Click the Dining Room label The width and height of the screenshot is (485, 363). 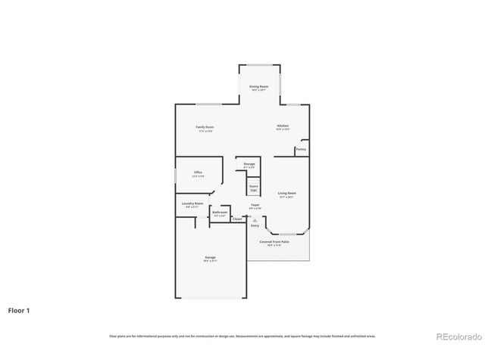point(259,87)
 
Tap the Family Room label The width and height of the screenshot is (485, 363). point(205,126)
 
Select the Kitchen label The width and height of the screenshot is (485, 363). point(283,126)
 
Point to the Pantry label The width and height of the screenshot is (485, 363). point(301,149)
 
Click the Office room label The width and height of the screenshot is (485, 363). point(198,172)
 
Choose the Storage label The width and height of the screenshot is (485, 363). point(249,163)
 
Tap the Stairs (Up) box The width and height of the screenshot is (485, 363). point(254,189)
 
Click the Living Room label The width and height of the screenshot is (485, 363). point(286,194)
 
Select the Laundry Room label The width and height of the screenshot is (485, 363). point(192,203)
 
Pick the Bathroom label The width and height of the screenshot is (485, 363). point(220,213)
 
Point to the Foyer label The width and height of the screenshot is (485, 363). point(255,205)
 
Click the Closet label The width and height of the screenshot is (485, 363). point(237,219)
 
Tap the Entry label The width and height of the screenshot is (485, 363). point(255,225)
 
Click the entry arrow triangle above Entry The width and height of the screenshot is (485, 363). point(255,220)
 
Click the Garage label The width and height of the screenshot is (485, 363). point(210,258)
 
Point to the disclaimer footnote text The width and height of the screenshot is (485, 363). point(242,336)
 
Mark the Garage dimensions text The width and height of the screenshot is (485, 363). point(210,262)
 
